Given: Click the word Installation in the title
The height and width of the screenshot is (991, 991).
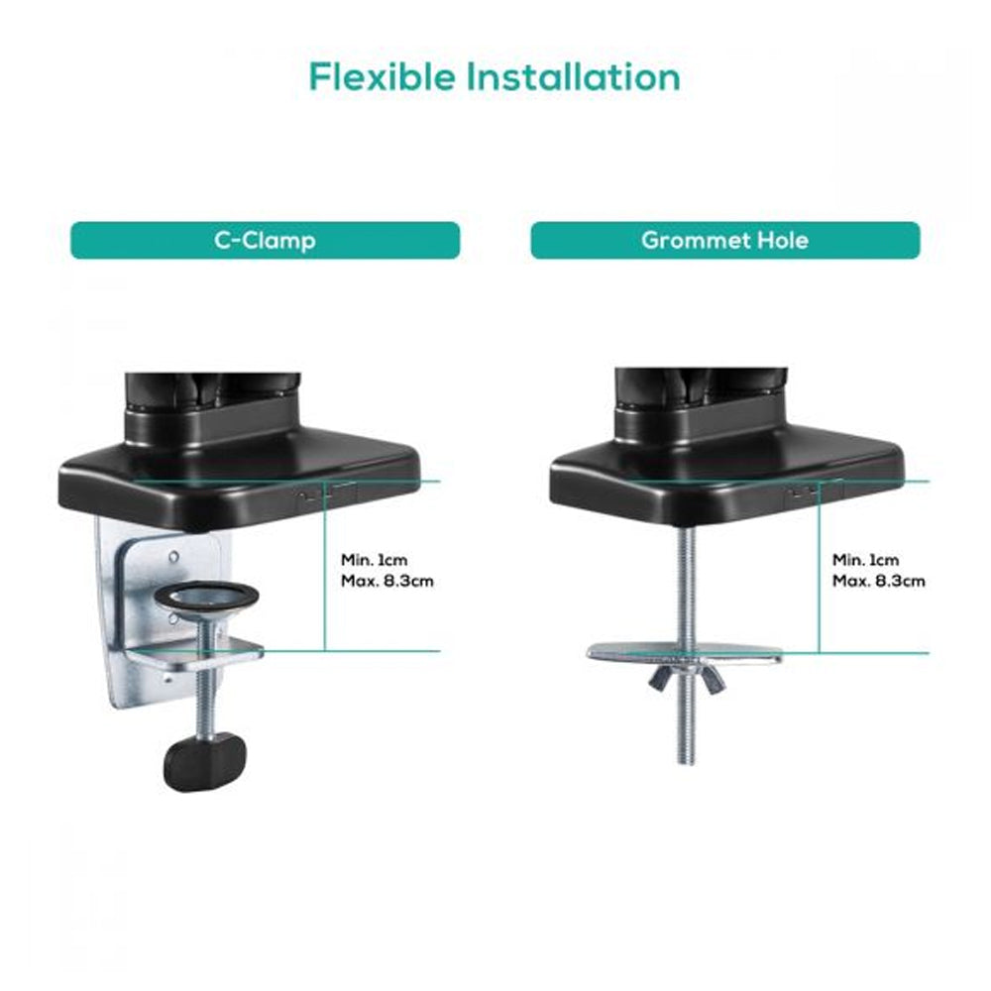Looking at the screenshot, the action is click(x=573, y=77).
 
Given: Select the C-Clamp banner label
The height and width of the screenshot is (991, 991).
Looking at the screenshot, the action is click(x=265, y=240).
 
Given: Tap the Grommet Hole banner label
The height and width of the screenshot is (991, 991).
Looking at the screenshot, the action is click(x=725, y=240).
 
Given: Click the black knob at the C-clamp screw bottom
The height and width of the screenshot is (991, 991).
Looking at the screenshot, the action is click(x=205, y=760).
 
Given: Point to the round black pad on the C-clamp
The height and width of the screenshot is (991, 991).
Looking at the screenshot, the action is click(x=207, y=596).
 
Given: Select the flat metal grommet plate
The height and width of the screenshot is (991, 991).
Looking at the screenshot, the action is click(x=685, y=652).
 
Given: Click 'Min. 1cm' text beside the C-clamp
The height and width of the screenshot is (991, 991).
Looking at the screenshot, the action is click(x=375, y=560).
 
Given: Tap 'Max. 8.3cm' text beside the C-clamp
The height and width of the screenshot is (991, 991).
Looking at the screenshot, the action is click(x=387, y=581).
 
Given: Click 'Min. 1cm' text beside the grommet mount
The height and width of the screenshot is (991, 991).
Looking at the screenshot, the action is click(x=865, y=560).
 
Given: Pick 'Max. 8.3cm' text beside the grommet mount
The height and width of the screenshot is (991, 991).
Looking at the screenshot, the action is click(x=878, y=581).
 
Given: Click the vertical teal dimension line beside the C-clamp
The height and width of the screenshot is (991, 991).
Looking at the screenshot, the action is click(x=324, y=566).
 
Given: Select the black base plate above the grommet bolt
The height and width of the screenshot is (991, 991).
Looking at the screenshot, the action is click(x=727, y=481).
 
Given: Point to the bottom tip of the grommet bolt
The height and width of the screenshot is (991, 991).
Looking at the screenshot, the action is click(x=687, y=763).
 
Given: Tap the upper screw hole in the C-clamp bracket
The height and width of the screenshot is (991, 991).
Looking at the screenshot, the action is click(x=173, y=557).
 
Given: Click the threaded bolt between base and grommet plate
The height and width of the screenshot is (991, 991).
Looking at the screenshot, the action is click(x=687, y=588).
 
